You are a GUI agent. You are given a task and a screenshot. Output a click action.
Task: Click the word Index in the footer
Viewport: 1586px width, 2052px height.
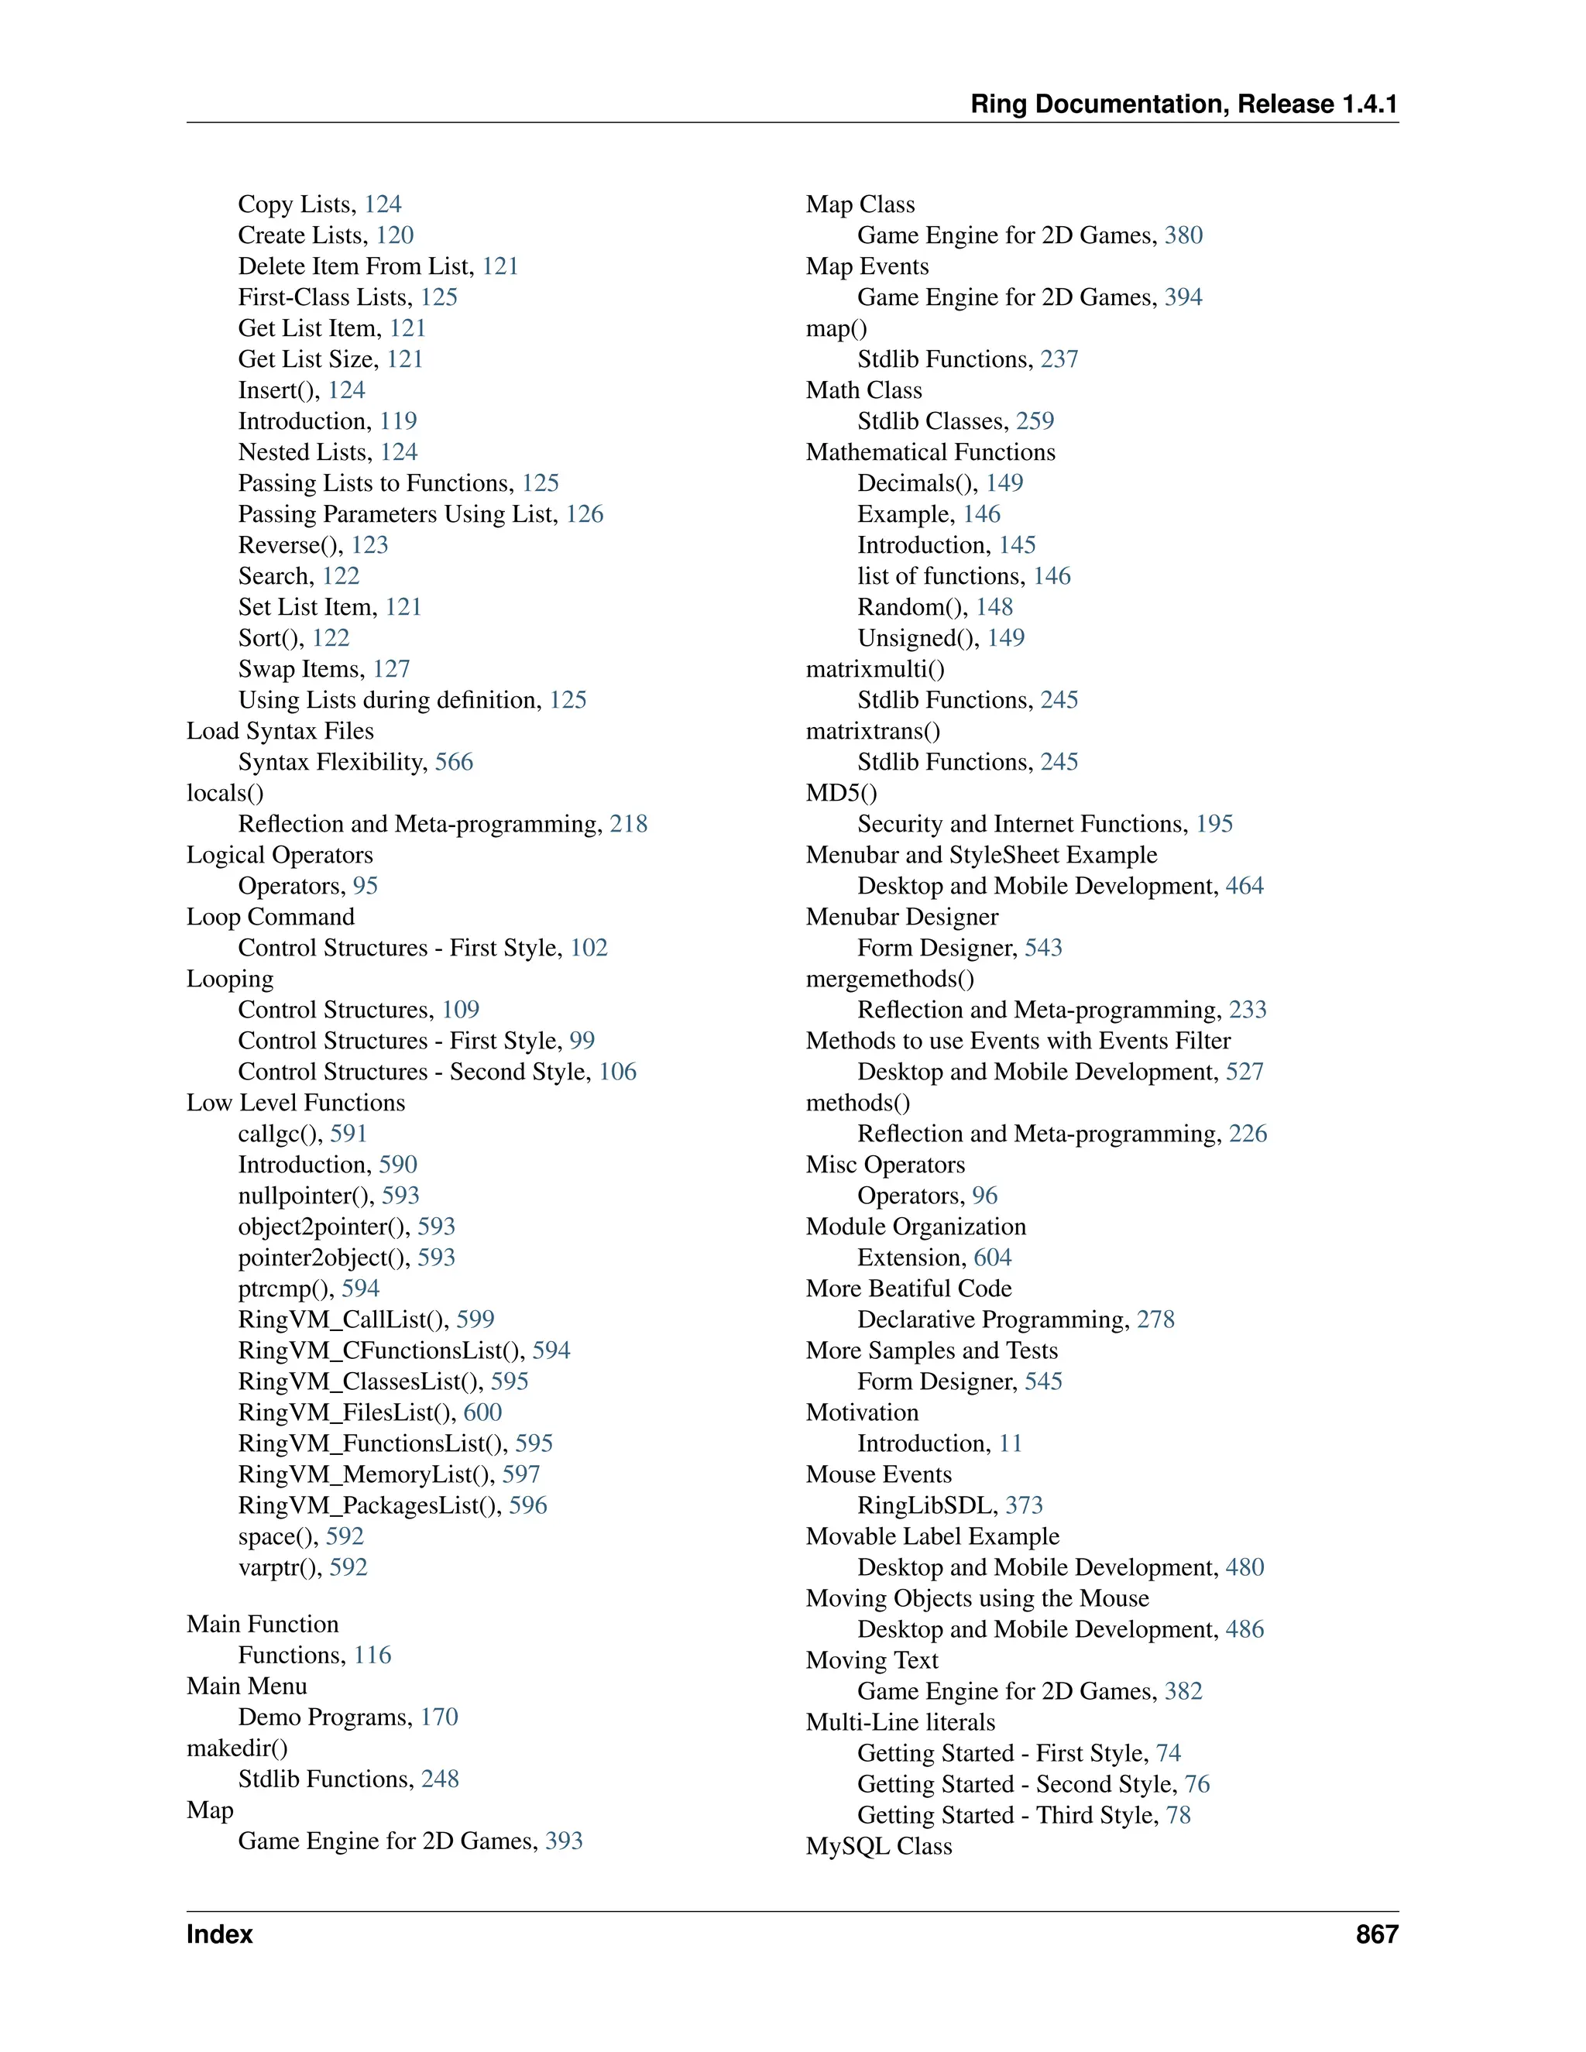[220, 1934]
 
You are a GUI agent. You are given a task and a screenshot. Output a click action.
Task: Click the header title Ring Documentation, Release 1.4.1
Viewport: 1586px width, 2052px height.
[1183, 105]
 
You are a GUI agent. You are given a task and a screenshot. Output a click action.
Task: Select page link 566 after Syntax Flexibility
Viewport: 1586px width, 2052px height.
[454, 762]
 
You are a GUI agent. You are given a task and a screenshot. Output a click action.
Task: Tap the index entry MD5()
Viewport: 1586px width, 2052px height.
[841, 793]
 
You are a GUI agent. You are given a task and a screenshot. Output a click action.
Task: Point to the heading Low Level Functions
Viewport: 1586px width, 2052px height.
[296, 1103]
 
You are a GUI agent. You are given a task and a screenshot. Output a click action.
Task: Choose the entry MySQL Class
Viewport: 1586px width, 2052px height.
[878, 1846]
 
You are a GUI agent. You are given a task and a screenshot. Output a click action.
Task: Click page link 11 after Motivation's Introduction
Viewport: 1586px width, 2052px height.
[1010, 1443]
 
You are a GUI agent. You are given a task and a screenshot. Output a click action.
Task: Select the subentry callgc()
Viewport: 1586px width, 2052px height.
[279, 1134]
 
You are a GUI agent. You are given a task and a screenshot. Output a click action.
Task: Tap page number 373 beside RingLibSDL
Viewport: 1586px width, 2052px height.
[1024, 1505]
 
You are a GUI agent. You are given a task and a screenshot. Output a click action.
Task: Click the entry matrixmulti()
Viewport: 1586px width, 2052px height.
[875, 669]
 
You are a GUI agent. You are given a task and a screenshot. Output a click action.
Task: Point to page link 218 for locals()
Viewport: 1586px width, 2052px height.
[629, 824]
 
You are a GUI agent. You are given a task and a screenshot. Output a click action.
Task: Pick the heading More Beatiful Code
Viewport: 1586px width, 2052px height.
[908, 1289]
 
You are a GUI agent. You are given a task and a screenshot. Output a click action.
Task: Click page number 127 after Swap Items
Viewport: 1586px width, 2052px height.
[392, 669]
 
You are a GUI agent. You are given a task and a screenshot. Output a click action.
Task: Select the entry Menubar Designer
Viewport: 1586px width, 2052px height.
[902, 917]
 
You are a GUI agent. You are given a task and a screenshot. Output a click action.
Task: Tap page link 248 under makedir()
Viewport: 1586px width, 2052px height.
[440, 1779]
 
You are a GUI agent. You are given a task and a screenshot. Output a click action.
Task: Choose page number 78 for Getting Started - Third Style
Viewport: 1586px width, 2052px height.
[1178, 1815]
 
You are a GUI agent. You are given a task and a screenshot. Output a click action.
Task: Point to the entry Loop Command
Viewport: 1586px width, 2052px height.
[270, 917]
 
